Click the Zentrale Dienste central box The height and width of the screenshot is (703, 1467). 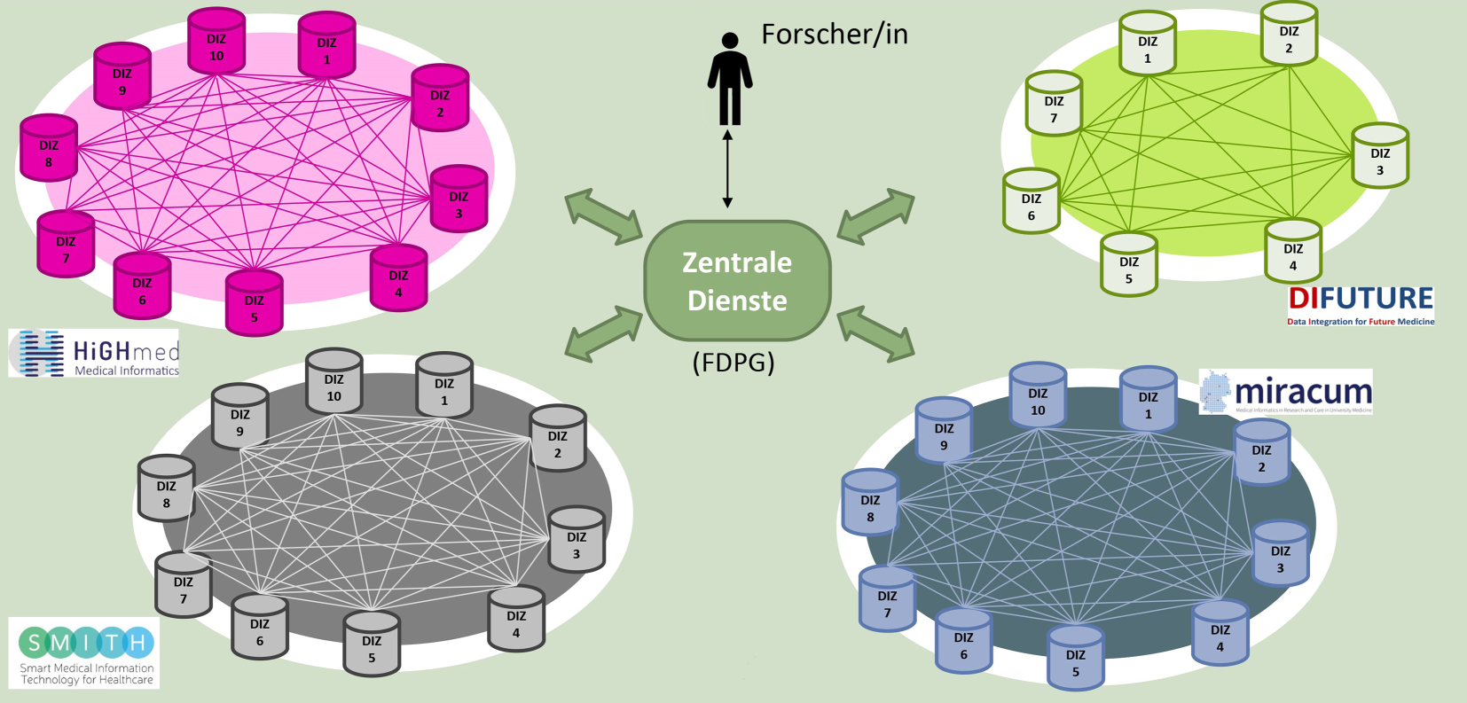point(737,281)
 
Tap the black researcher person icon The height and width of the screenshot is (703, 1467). point(729,80)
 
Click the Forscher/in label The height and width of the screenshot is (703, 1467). point(835,35)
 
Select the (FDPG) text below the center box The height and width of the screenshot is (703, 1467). point(733,363)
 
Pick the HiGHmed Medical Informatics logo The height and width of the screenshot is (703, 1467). point(94,354)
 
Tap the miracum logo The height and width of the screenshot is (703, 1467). point(1286,392)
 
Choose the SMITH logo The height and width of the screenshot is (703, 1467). point(85,653)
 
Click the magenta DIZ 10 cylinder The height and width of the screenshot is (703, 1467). point(216,43)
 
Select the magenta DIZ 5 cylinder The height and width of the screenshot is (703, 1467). point(255,304)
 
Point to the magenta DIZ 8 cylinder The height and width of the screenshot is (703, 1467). point(49,149)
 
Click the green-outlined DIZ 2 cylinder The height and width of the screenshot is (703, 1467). point(1289,35)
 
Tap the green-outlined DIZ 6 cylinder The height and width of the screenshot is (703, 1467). point(1032,203)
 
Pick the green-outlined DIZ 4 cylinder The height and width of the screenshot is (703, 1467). point(1293,253)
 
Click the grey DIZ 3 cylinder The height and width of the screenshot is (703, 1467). point(577,541)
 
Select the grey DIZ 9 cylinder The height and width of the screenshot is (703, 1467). point(239,418)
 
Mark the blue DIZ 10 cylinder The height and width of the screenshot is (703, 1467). point(1038,396)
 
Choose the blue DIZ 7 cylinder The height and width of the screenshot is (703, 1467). point(887,599)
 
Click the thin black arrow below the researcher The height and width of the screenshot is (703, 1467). point(727,168)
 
